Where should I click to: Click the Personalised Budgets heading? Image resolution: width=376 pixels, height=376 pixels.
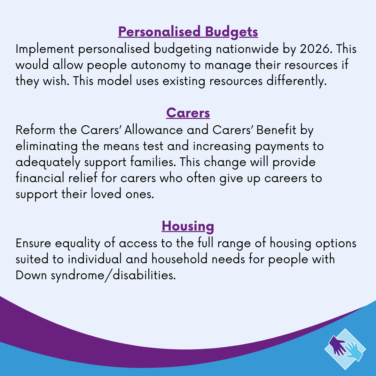click(188, 32)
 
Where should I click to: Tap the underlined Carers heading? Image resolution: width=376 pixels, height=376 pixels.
click(188, 113)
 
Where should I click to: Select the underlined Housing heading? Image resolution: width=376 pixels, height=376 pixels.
click(188, 226)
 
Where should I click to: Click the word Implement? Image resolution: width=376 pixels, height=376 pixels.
click(45, 49)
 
